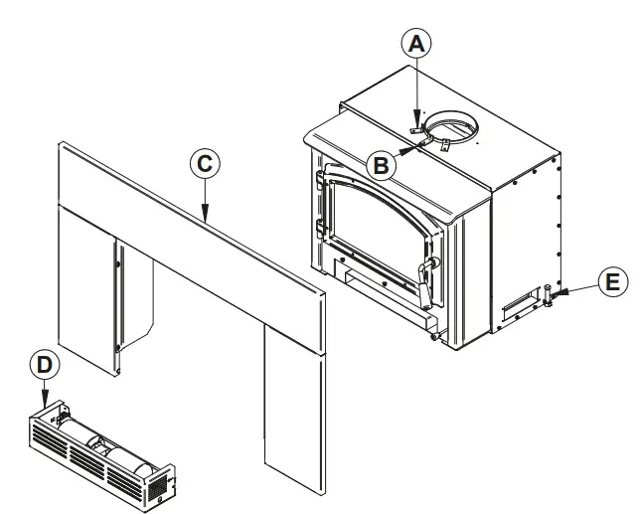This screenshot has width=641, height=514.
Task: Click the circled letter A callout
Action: click(x=418, y=44)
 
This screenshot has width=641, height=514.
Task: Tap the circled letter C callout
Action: click(x=203, y=164)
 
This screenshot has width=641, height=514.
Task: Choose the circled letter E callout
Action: click(x=613, y=281)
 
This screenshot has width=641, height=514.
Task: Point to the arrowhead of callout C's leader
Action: click(x=203, y=217)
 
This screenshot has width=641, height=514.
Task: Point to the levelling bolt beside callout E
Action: click(x=547, y=296)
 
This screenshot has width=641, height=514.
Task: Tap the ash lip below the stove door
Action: click(x=383, y=317)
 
